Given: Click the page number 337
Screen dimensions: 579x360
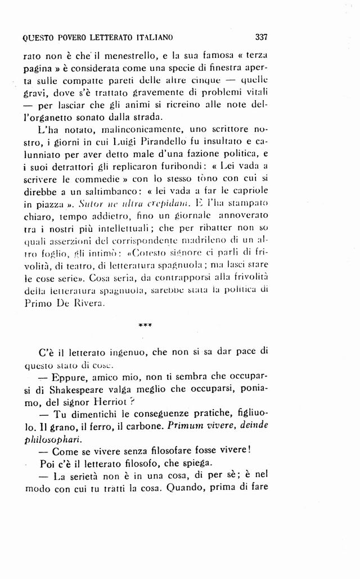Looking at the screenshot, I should (261, 38).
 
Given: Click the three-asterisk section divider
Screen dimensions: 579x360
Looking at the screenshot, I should (145, 324).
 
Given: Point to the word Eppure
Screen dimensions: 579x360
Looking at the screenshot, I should (67, 375).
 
